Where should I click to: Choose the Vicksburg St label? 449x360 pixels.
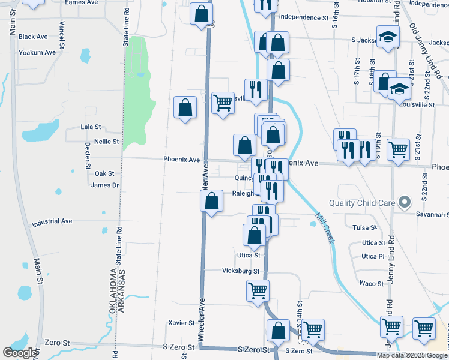pos(240,271)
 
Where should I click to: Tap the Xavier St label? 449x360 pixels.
pos(182,322)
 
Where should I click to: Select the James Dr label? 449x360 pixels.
pos(105,185)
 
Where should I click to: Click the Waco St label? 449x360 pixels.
pos(372,283)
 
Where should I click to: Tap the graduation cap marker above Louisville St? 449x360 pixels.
pos(399,90)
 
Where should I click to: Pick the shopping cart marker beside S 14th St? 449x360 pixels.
pos(313,329)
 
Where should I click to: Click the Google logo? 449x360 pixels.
pos(20,353)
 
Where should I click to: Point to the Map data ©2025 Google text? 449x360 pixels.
pos(412,355)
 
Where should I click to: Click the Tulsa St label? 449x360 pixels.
pos(364,228)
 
